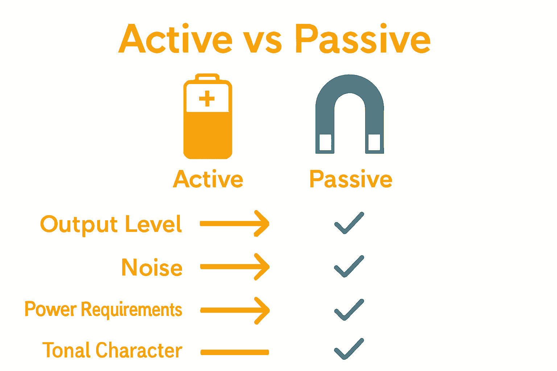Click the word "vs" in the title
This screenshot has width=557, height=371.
pyautogui.click(x=262, y=41)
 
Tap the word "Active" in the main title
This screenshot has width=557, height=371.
pyautogui.click(x=176, y=39)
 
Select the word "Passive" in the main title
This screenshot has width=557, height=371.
pyautogui.click(x=363, y=39)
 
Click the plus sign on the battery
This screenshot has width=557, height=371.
pyautogui.click(x=207, y=99)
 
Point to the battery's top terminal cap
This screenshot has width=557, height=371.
pyautogui.click(x=207, y=77)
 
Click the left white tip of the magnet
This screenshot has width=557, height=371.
pyautogui.click(x=325, y=142)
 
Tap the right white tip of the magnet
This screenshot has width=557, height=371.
pyautogui.click(x=374, y=142)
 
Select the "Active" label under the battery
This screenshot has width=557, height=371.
pyautogui.click(x=208, y=179)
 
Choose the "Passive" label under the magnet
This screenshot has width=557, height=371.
pyautogui.click(x=351, y=179)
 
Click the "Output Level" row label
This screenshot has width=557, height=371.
pyautogui.click(x=111, y=224)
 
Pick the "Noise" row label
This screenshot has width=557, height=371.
pyautogui.click(x=152, y=268)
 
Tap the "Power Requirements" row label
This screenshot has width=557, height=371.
pyautogui.click(x=103, y=310)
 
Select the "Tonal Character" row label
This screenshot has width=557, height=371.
pyautogui.click(x=112, y=350)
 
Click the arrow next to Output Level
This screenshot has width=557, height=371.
pyautogui.click(x=235, y=224)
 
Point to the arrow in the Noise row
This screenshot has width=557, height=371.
pyautogui.click(x=235, y=267)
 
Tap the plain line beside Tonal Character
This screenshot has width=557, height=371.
pyautogui.click(x=235, y=352)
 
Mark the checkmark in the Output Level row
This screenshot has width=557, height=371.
pyautogui.click(x=348, y=223)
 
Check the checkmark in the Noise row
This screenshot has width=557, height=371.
pyautogui.click(x=348, y=267)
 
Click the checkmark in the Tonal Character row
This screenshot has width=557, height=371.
pyautogui.click(x=348, y=349)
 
